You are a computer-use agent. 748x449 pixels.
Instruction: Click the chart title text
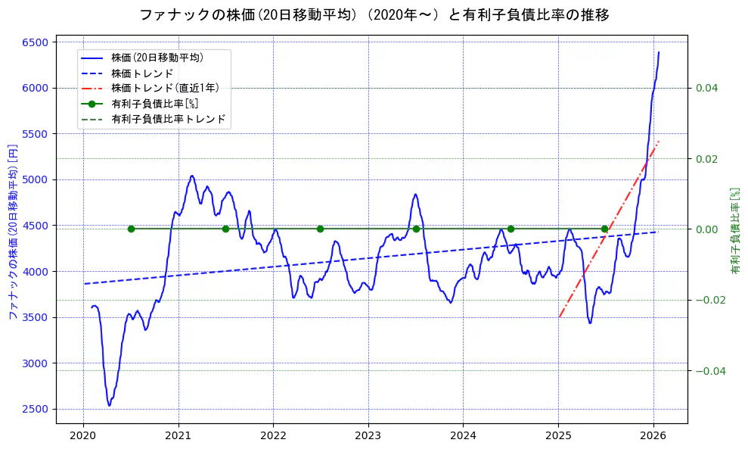tap(374, 14)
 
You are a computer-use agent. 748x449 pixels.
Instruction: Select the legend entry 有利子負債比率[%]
tap(154, 104)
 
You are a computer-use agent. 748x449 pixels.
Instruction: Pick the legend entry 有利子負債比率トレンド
tap(168, 119)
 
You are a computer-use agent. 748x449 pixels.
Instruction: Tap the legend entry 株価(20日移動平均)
tap(157, 57)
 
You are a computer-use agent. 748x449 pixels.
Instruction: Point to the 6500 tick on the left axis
tap(37, 42)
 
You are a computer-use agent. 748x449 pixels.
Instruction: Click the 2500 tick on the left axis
tap(37, 409)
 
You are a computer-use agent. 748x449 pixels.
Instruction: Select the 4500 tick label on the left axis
tap(37, 226)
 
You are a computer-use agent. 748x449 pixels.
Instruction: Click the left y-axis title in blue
tap(13, 231)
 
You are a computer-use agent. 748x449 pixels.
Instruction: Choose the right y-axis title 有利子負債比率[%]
tap(734, 231)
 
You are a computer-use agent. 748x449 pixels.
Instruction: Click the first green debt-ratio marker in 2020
tap(131, 229)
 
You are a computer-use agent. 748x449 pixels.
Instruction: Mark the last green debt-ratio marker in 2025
tap(604, 229)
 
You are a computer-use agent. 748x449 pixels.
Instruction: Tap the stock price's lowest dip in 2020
tap(109, 405)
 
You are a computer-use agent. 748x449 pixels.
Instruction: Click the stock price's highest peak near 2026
tap(659, 52)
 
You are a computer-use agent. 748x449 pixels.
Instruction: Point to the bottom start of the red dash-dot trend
tap(559, 316)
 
